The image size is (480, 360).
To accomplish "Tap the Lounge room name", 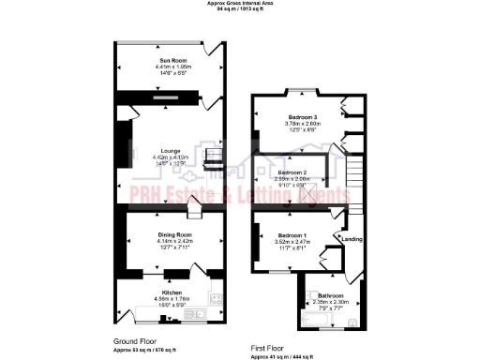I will pyautogui.click(x=170, y=150).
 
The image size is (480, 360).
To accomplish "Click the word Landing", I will pyautogui.click(x=352, y=238).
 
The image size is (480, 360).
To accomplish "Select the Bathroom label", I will pyautogui.click(x=329, y=294).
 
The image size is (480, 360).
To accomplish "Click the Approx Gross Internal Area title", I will pyautogui.click(x=239, y=3).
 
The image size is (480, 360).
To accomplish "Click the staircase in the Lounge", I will pyautogui.click(x=215, y=157).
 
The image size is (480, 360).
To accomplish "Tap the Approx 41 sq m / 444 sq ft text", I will pyautogui.click(x=285, y=356).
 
